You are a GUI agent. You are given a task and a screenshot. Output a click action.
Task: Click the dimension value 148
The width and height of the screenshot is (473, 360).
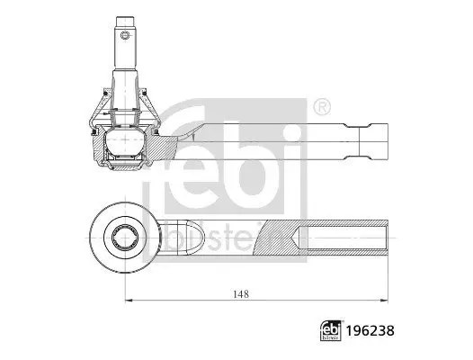(x=241, y=294)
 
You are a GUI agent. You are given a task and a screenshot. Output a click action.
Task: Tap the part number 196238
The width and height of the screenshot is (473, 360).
(x=370, y=330)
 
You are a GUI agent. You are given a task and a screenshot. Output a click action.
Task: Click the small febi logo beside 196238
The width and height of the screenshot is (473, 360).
(x=331, y=330)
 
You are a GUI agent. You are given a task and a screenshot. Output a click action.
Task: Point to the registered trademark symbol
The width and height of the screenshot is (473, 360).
(x=322, y=106)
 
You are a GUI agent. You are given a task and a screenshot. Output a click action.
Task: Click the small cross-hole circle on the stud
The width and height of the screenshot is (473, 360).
(x=125, y=35)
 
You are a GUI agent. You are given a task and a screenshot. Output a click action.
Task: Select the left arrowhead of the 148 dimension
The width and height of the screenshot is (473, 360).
(x=129, y=301)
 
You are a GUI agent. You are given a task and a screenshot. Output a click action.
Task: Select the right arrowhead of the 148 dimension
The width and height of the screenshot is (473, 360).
(x=384, y=301)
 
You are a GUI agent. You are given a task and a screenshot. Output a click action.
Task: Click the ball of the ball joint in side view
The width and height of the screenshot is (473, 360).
(x=125, y=140)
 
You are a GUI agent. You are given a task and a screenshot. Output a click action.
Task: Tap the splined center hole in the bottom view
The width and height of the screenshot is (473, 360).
(x=125, y=238)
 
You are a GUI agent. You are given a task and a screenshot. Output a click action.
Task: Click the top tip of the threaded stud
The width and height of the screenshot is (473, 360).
(x=125, y=17)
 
